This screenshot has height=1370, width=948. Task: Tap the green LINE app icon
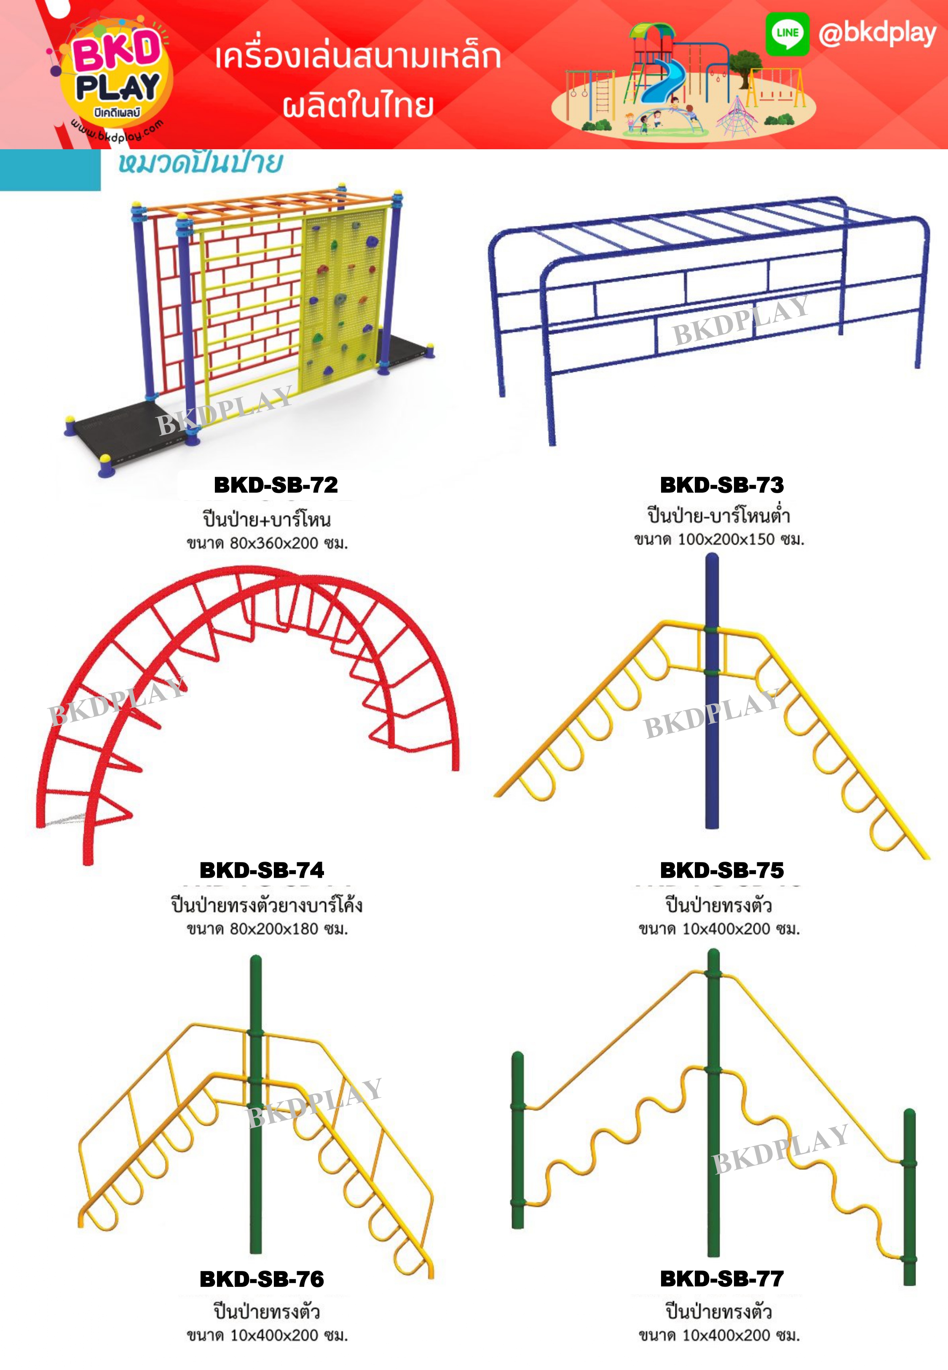[787, 34]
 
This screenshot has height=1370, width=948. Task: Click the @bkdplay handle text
[877, 34]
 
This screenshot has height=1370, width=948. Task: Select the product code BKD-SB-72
[276, 485]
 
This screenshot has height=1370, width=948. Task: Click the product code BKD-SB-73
[722, 485]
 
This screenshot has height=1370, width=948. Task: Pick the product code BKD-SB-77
[722, 1279]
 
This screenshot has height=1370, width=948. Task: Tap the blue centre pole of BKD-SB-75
[712, 743]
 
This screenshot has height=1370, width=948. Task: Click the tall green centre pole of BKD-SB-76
[255, 1158]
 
